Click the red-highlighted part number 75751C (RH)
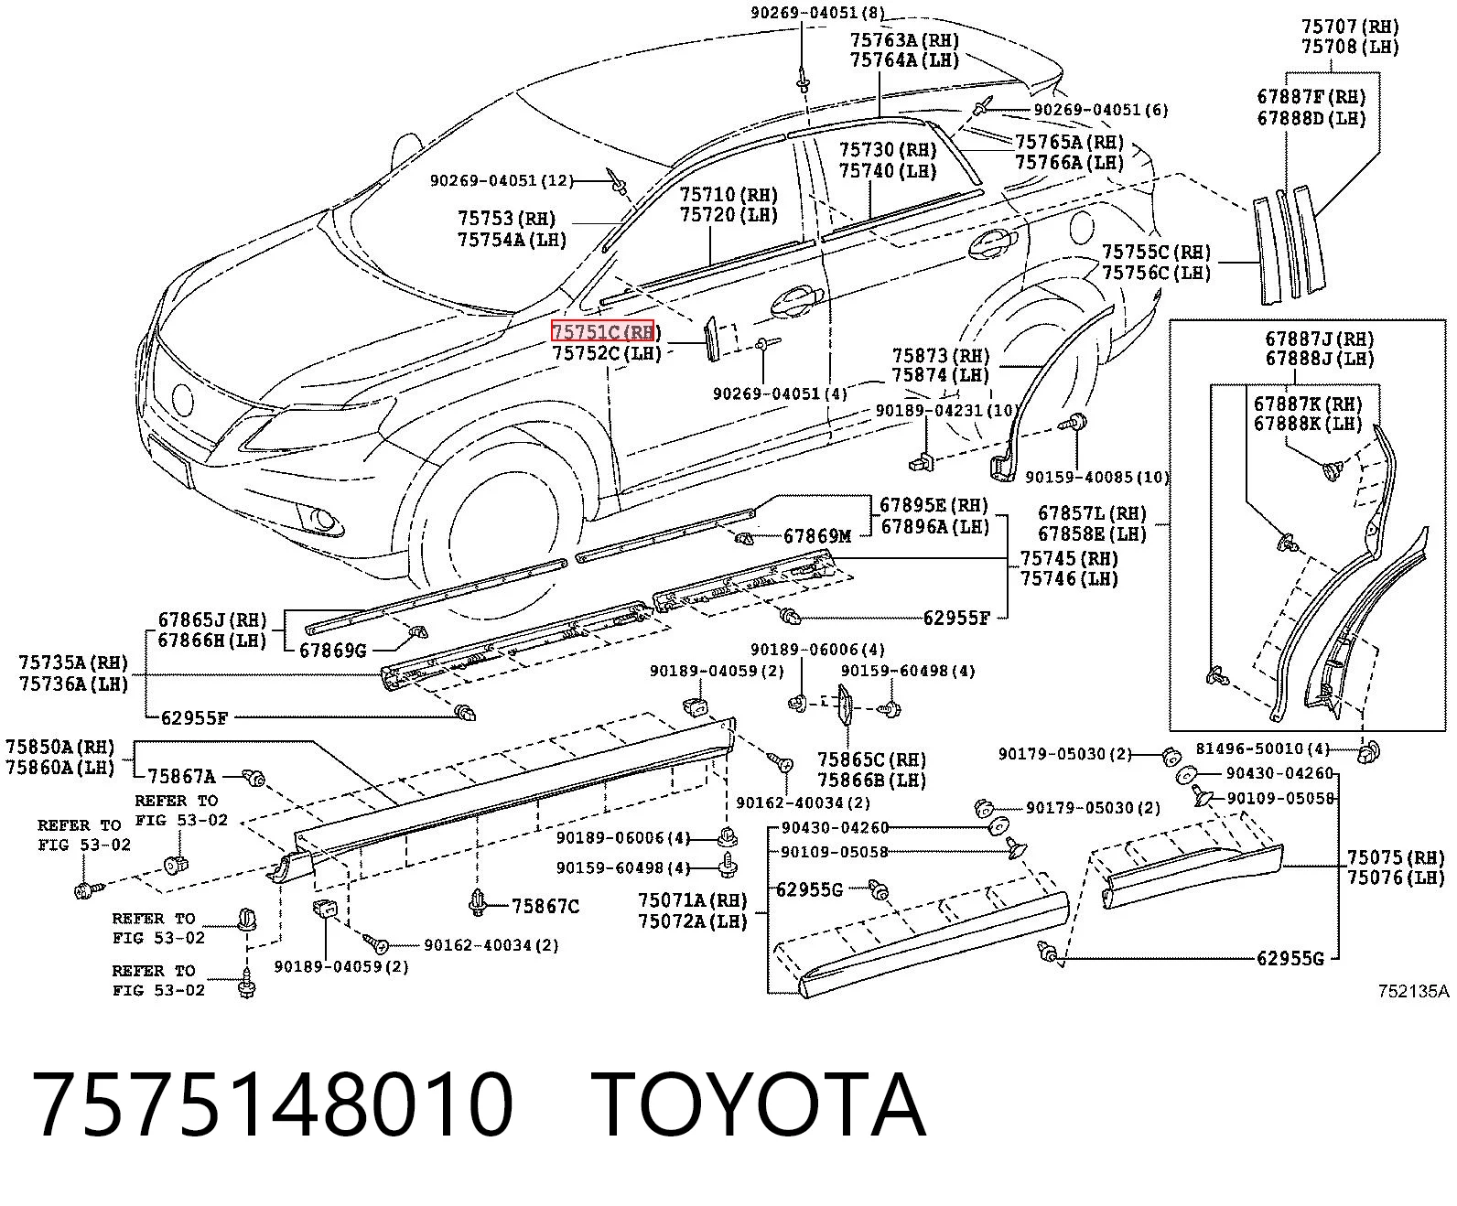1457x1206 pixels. coord(602,331)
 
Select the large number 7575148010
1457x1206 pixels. coord(273,1104)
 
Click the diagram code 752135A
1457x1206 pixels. coord(1413,991)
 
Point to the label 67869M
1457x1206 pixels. coord(817,536)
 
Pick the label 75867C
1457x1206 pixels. coord(545,906)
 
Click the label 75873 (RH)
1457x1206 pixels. coord(940,356)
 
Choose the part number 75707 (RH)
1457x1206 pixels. coord(1350,27)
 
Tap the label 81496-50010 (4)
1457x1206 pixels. coord(1262,748)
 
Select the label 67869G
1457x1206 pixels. coord(333,651)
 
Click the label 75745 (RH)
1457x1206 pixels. coord(1069,558)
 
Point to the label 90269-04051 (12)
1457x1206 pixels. coord(501,181)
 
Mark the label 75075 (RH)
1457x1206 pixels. coord(1396,857)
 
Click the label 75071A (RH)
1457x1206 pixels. coord(692,900)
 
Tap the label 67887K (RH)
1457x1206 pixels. coord(1308,404)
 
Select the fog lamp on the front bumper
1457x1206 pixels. coord(322,518)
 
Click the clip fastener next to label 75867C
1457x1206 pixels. coord(478,901)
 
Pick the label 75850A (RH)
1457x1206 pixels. coord(60,747)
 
